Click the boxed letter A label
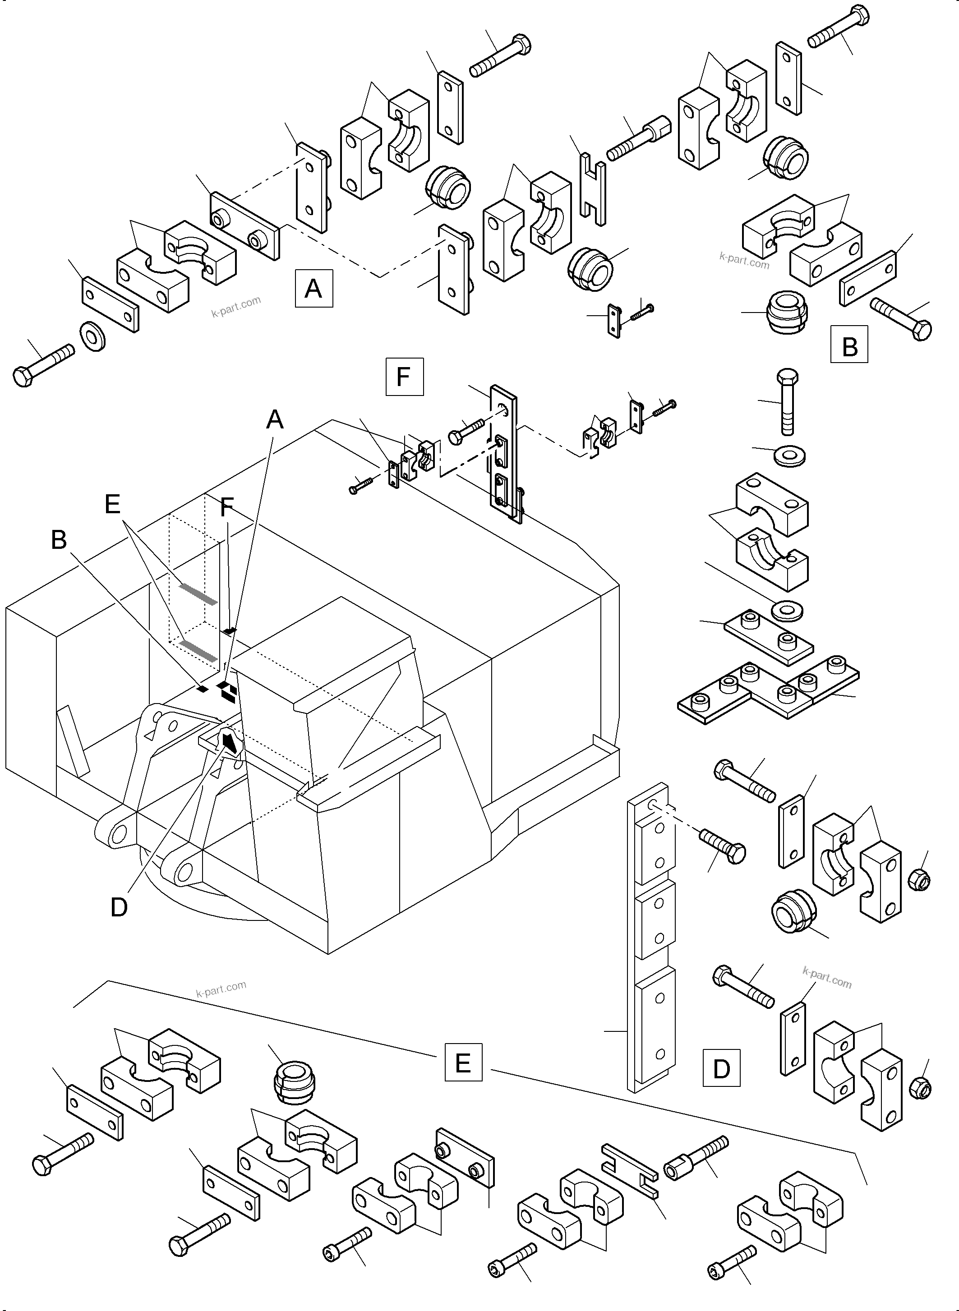click(x=314, y=288)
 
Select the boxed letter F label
click(x=404, y=377)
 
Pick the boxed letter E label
click(x=463, y=1063)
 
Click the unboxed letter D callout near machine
click(x=119, y=907)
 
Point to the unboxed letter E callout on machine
click(x=113, y=504)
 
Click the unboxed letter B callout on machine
click(x=59, y=540)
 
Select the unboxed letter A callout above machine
click(x=275, y=419)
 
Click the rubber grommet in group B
click(x=788, y=312)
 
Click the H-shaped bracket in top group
click(x=593, y=188)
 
